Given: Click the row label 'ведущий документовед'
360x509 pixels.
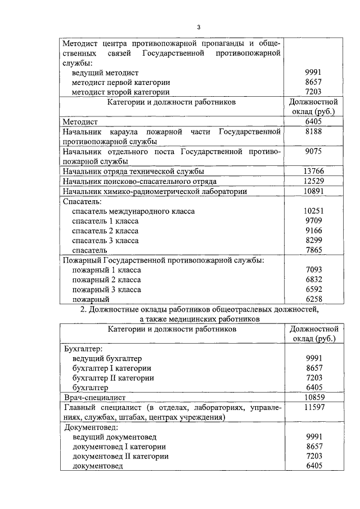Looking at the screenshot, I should click(x=114, y=437).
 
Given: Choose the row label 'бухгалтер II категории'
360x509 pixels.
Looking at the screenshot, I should click(x=113, y=378).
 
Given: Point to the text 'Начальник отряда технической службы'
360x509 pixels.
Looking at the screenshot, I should click(x=133, y=172).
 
